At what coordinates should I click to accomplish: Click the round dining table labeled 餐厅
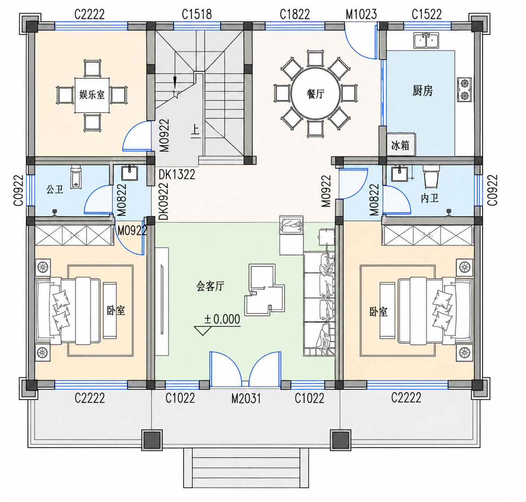[x=315, y=94]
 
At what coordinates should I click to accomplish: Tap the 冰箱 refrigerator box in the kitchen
[x=401, y=145]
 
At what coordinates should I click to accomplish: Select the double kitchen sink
[x=426, y=41]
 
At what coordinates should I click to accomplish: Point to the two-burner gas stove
[x=465, y=90]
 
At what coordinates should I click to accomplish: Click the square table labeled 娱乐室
[x=92, y=95]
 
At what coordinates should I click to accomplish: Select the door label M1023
[x=361, y=14]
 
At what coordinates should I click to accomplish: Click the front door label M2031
[x=246, y=398]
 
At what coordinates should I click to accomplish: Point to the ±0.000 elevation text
[x=222, y=319]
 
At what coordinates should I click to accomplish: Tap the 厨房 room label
[x=422, y=90]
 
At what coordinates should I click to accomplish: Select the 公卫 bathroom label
[x=55, y=189]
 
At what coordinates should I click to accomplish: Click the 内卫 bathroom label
[x=430, y=198]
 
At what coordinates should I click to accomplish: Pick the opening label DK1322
[x=177, y=174]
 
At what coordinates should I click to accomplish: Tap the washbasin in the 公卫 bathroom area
[x=130, y=173]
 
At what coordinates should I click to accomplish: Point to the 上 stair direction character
[x=195, y=131]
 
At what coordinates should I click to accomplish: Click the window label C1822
[x=295, y=14]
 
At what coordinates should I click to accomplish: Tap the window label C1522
[x=426, y=14]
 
